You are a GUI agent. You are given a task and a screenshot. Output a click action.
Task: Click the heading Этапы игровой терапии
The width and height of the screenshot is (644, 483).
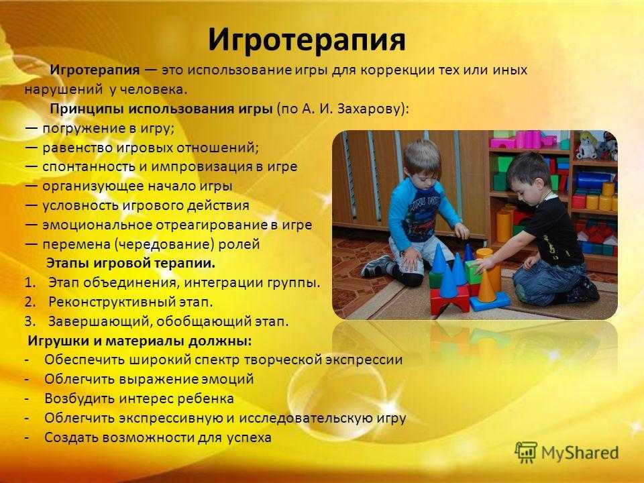coord(131,263)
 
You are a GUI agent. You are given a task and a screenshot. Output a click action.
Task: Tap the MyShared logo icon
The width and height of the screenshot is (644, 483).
coord(525,452)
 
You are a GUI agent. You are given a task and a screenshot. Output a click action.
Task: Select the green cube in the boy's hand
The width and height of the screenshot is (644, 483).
coord(474,271)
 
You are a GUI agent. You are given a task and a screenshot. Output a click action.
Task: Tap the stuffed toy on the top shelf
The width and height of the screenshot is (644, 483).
coord(588,146)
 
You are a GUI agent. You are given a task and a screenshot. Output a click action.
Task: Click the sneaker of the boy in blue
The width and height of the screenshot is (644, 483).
coord(376,266)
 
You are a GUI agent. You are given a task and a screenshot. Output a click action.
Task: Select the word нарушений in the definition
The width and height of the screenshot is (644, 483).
coord(63,90)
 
